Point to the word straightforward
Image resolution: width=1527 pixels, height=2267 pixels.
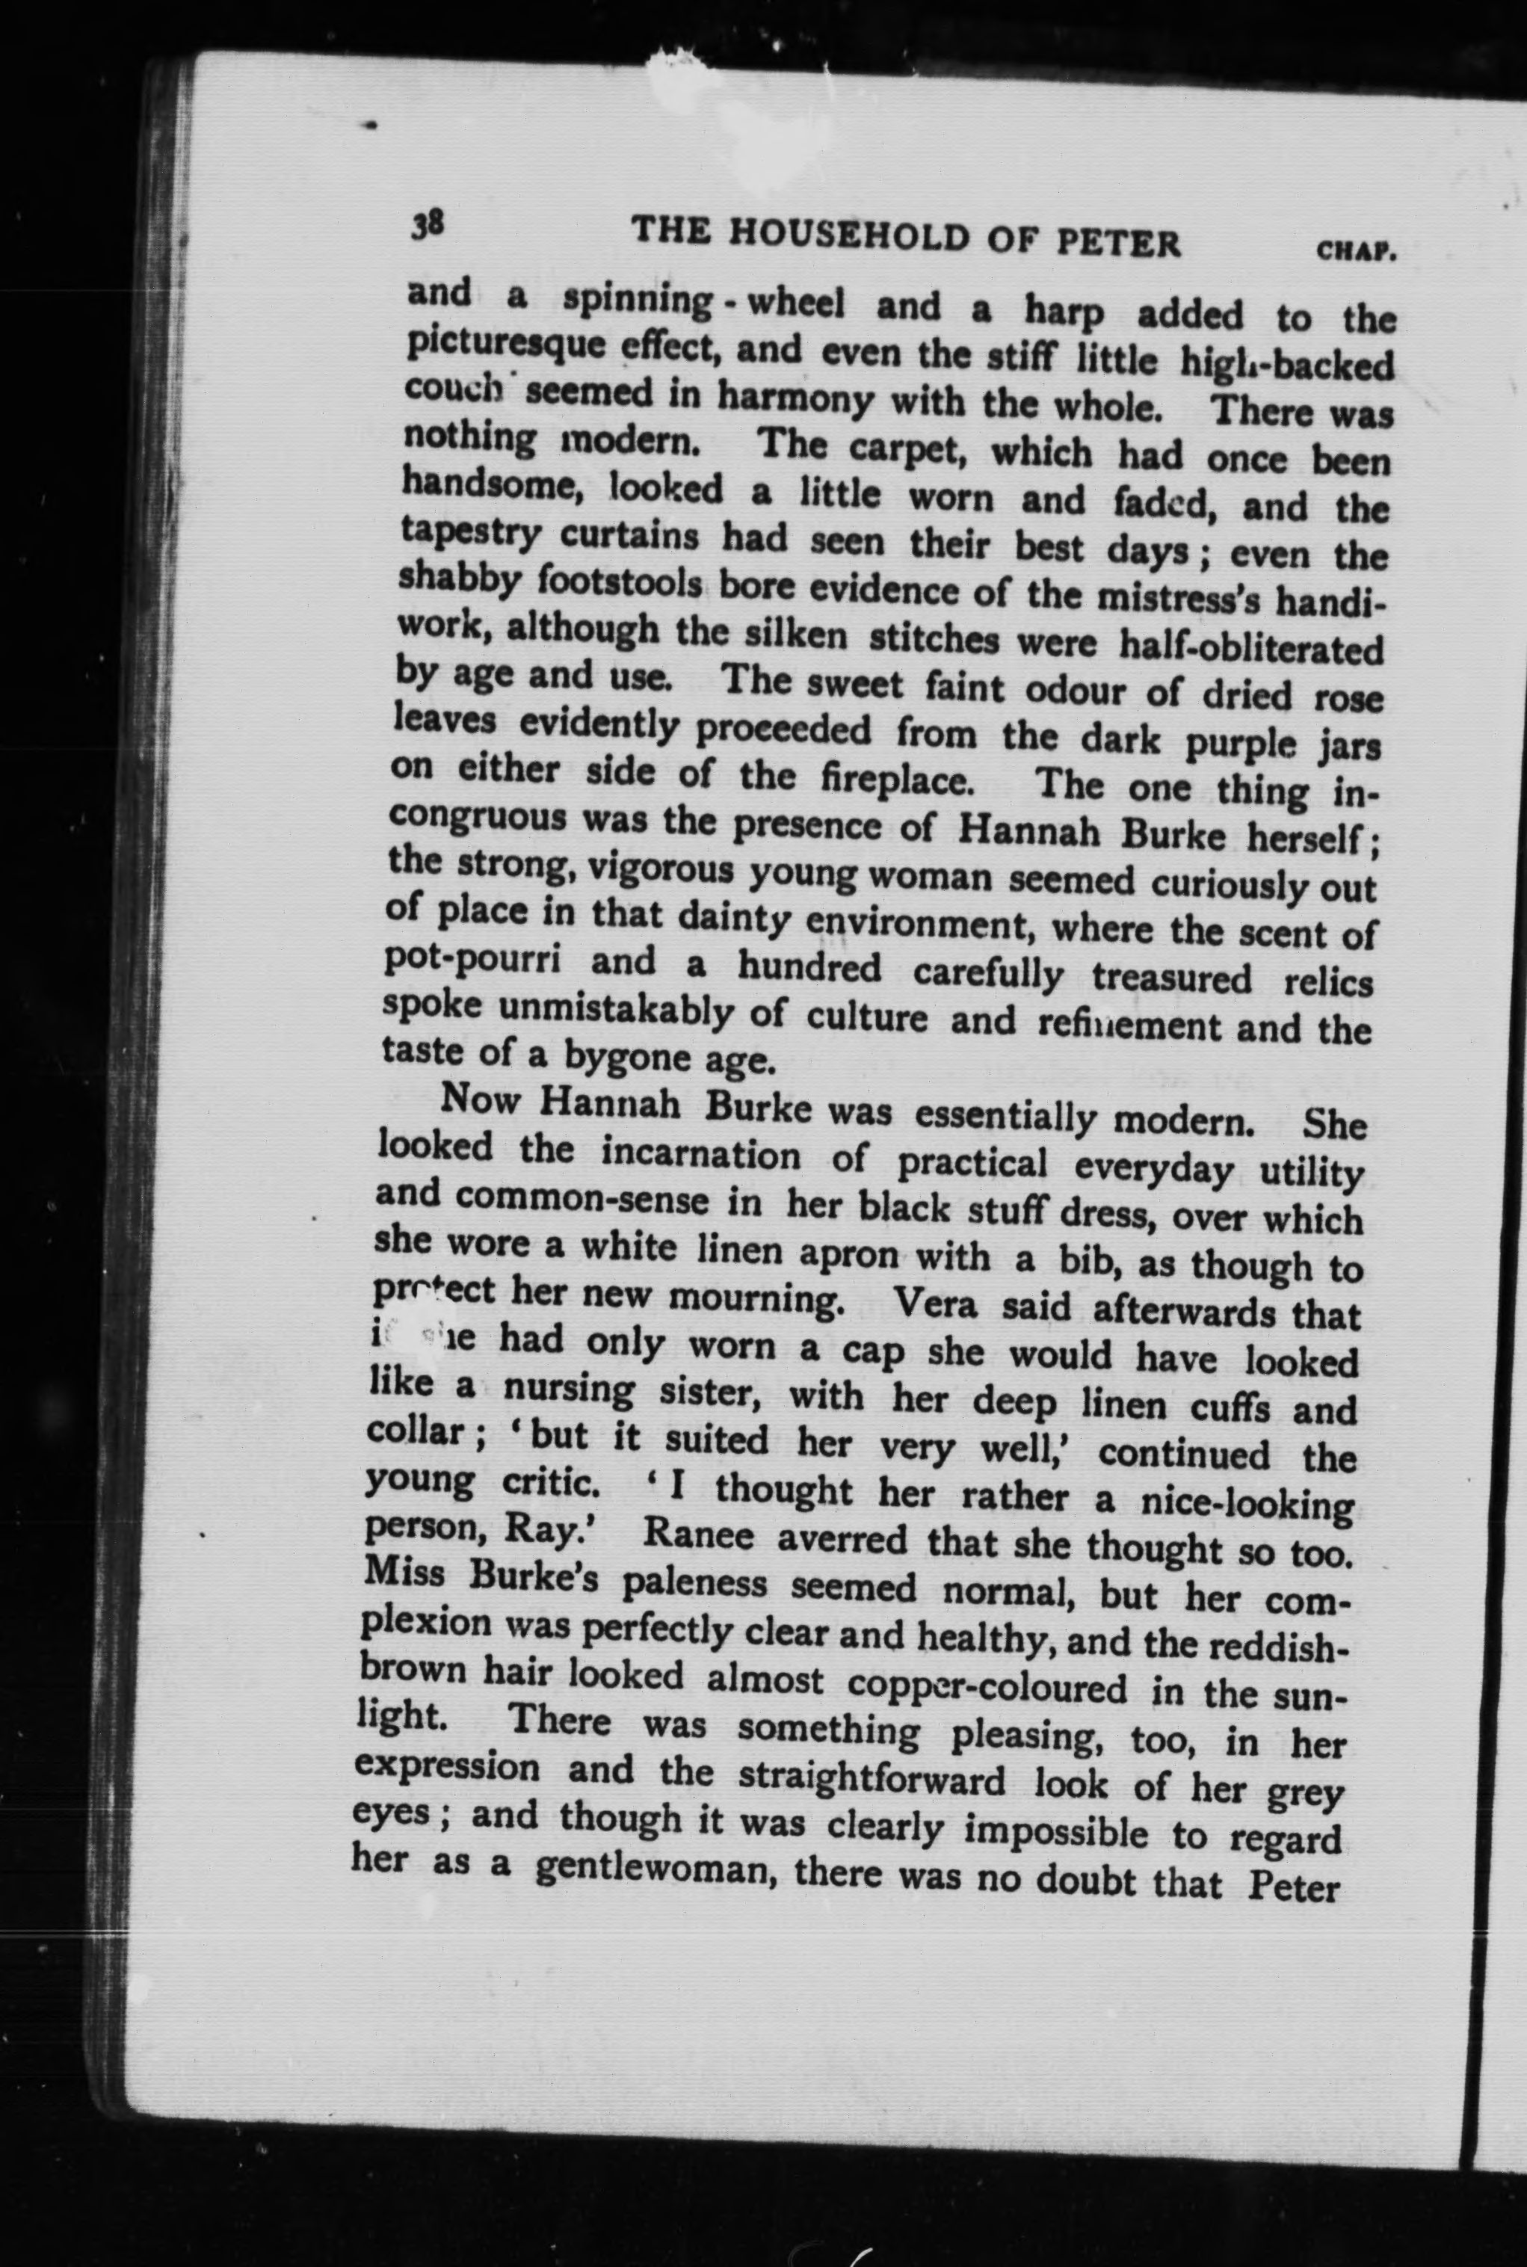(x=871, y=1778)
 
